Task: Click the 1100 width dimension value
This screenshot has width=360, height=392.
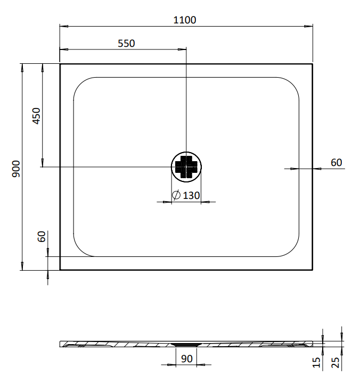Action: pos(185,20)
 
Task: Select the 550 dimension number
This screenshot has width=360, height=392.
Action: pos(126,44)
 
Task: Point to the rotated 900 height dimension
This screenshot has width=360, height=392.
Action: pos(16,168)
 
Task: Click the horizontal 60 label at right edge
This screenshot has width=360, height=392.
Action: pos(336,163)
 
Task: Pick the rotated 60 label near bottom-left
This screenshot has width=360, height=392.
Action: pos(42,237)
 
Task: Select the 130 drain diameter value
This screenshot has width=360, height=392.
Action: pos(191,196)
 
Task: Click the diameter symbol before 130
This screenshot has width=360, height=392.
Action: pos(176,196)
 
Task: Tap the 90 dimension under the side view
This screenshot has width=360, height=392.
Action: pos(186,358)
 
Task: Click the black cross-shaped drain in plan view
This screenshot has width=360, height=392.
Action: pos(186,167)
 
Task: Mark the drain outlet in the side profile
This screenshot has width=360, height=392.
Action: pos(186,345)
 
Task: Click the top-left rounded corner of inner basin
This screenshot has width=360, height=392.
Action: pos(80,85)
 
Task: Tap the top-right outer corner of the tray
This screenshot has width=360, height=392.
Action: pos(313,64)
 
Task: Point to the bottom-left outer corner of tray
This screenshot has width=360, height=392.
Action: pos(60,270)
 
